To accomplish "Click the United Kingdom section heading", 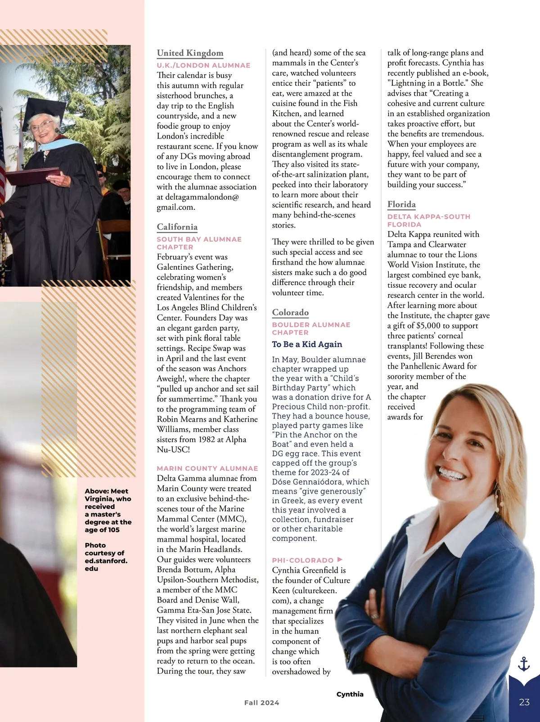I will pos(190,53).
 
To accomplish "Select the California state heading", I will pos(177,227).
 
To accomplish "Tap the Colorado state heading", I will pos(290,312).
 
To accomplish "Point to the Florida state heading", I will pos(401,205).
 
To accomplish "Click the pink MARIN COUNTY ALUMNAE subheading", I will pos(207,468).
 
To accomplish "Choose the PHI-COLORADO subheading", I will pos(302,560).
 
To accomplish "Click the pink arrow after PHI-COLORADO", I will pos(340,560).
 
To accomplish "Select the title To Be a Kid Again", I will pos(307,344).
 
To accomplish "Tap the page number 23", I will pos(524,702).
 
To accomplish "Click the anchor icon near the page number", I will pos(524,664).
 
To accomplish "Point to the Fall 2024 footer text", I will pos(261,703).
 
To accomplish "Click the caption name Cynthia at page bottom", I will pos(350,694).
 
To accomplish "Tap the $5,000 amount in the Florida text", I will pos(428,326).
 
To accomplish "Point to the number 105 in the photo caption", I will pos(113,530).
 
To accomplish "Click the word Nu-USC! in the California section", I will pos(173,450).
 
